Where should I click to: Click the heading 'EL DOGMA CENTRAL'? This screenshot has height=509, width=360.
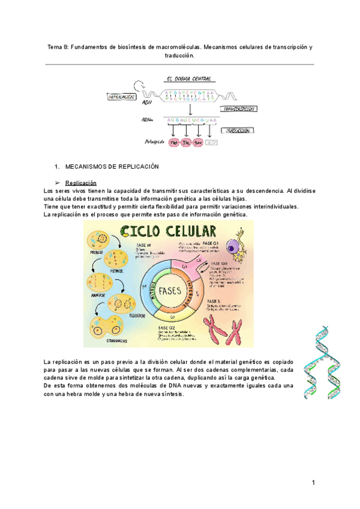pyautogui.click(x=189, y=79)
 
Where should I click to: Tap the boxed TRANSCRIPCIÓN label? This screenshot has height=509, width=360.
pyautogui.click(x=237, y=109)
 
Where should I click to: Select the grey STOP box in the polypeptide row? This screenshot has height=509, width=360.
pyautogui.click(x=211, y=142)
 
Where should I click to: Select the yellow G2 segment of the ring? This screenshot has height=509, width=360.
pyautogui.click(x=172, y=315)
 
